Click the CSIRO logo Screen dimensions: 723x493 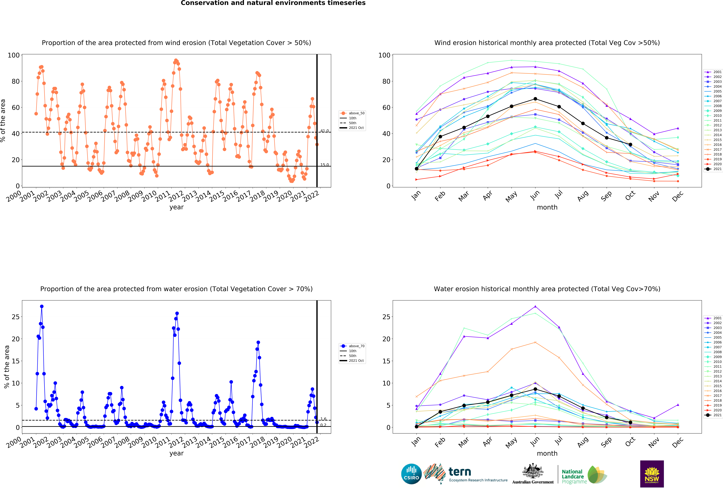[x=411, y=474]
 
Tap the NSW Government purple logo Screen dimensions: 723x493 [x=652, y=474]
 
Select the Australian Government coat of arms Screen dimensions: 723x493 [x=533, y=471]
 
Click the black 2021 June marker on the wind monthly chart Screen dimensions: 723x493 [x=535, y=99]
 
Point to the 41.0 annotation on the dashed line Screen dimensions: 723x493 [x=325, y=131]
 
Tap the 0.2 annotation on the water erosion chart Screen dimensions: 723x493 [x=323, y=425]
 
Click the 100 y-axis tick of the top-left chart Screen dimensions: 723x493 [x=14, y=55]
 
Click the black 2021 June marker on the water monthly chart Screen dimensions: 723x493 [x=535, y=389]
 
